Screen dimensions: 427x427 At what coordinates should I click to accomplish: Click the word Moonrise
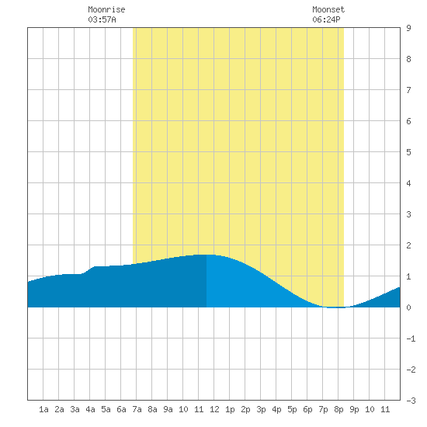106,9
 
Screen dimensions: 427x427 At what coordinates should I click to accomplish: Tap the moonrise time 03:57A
102,19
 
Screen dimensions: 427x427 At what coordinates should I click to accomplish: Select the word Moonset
328,9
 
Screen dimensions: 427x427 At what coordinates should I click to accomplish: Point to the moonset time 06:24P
326,19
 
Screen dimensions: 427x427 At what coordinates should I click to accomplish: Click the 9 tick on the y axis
408,28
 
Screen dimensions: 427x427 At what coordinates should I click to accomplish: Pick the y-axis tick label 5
408,152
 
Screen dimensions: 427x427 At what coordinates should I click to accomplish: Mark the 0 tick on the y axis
408,307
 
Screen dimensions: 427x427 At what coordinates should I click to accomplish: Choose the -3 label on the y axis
411,401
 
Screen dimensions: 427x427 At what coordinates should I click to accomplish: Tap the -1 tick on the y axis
411,338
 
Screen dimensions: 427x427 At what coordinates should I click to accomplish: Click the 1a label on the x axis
43,409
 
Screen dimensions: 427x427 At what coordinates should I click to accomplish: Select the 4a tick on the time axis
90,409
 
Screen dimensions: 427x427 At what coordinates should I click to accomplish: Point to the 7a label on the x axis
137,409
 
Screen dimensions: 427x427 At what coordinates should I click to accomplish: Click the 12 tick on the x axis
214,409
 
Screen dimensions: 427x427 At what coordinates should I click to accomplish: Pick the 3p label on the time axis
261,409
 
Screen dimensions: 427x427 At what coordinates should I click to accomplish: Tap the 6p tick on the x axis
307,409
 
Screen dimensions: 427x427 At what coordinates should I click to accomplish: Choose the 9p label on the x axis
354,409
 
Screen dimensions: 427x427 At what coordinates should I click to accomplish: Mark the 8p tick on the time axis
338,409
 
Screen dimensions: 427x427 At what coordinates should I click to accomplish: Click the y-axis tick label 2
408,245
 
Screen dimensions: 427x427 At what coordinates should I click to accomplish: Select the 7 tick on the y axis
408,90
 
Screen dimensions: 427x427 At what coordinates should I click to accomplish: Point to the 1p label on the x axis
230,409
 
